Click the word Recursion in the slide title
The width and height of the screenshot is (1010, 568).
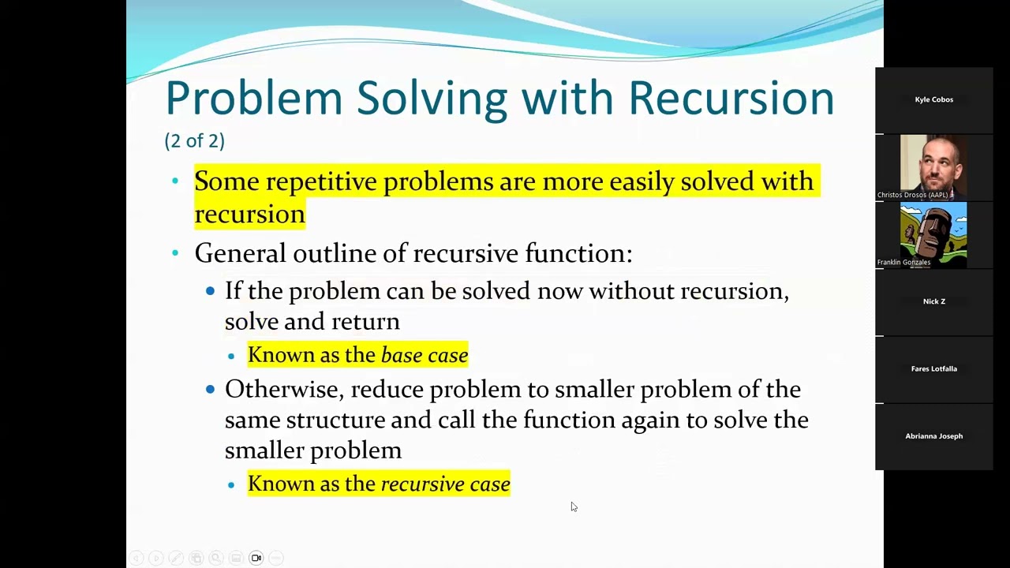pos(731,99)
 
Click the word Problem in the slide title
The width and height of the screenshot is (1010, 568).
pos(253,99)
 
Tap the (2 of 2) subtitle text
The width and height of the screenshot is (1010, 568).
pos(194,140)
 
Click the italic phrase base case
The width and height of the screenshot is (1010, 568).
pos(425,356)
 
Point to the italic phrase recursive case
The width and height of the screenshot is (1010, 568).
pos(445,484)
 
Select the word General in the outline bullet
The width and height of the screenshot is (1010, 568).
pos(240,253)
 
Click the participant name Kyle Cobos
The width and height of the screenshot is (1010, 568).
pos(933,99)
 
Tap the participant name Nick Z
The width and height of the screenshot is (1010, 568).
pos(933,301)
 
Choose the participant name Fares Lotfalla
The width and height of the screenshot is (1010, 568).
pos(933,368)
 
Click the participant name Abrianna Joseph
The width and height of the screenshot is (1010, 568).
pos(933,436)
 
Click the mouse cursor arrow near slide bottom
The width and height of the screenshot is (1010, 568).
pos(574,506)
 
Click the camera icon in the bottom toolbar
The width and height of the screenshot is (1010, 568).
pos(256,558)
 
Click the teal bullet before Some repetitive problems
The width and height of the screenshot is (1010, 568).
pos(175,181)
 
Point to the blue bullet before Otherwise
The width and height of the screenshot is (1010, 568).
pos(210,389)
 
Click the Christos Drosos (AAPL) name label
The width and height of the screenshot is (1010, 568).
pos(913,195)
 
